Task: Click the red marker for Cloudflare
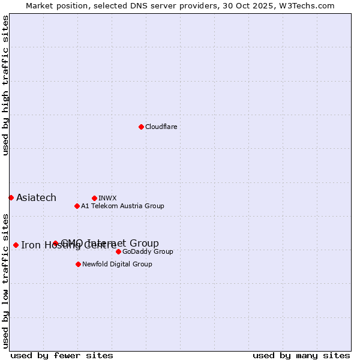click(141, 127)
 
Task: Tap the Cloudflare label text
click(161, 127)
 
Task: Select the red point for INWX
click(94, 198)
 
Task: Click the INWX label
click(107, 198)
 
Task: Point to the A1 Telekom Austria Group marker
click(77, 206)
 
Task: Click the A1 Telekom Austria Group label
click(122, 206)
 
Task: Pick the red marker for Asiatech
click(11, 197)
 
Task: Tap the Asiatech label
click(36, 198)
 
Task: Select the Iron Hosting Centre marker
click(16, 245)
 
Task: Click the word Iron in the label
click(29, 245)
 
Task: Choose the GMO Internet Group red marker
click(55, 243)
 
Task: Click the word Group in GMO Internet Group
click(145, 243)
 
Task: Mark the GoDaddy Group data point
click(118, 251)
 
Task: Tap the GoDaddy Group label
click(148, 251)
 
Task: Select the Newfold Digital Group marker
click(78, 264)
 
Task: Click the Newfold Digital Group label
click(117, 264)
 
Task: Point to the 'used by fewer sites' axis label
click(62, 355)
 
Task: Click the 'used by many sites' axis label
click(301, 355)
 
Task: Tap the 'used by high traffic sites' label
click(5, 85)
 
